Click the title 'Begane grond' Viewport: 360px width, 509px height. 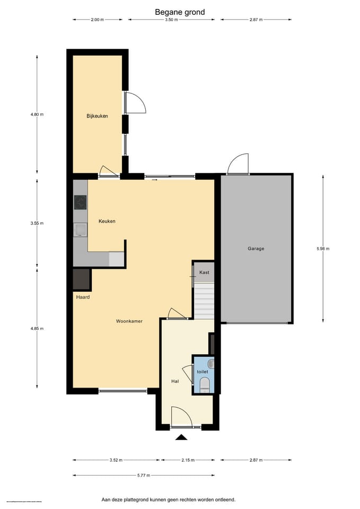pyautogui.click(x=180, y=12)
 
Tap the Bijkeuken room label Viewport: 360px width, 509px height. pyautogui.click(x=98, y=116)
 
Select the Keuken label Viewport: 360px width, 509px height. pyautogui.click(x=107, y=221)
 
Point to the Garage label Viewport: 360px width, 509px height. pyautogui.click(x=256, y=248)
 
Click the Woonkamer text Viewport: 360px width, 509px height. pyautogui.click(x=129, y=321)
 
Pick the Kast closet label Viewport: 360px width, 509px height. pyautogui.click(x=204, y=272)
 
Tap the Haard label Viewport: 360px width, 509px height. pyautogui.click(x=83, y=297)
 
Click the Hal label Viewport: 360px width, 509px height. pyautogui.click(x=174, y=381)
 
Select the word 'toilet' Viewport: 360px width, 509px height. pyautogui.click(x=203, y=372)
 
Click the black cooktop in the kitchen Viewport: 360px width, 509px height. pyautogui.click(x=80, y=202)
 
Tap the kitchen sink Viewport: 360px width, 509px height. pyautogui.click(x=80, y=230)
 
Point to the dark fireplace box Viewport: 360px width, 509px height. pyautogui.click(x=82, y=279)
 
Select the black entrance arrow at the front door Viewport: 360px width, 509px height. pyautogui.click(x=182, y=437)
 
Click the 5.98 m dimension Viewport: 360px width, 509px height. pyautogui.click(x=323, y=249)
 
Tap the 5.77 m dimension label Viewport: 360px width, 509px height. pyautogui.click(x=143, y=475)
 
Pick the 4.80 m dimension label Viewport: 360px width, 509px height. pyautogui.click(x=37, y=115)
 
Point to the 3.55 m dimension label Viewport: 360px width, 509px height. pyautogui.click(x=37, y=223)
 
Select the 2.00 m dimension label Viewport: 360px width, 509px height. pyautogui.click(x=97, y=20)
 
